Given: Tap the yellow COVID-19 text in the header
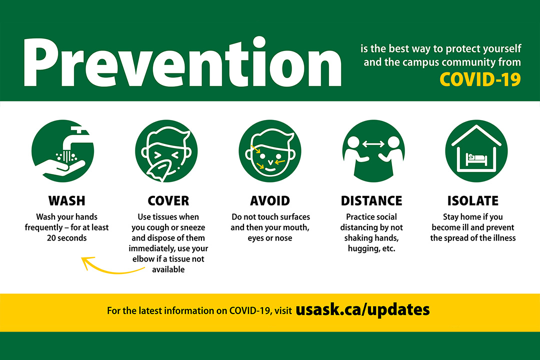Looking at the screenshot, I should click(x=480, y=79).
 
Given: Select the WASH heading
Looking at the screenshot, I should click(x=66, y=201).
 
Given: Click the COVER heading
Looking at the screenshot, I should click(x=168, y=201).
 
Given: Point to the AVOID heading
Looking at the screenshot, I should click(x=270, y=201).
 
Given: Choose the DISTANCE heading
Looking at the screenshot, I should click(x=371, y=201).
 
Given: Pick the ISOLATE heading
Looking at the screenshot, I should click(x=473, y=201).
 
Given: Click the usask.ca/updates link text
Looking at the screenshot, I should click(x=362, y=309).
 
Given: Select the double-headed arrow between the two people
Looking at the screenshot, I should click(x=373, y=144).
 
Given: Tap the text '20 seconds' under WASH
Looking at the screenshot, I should click(x=66, y=238).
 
